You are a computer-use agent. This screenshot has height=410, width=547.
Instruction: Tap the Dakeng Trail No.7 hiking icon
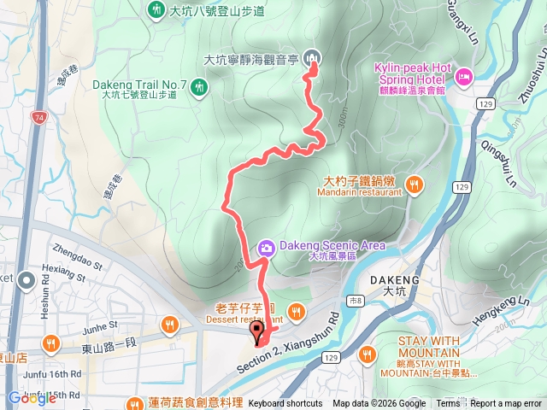pyautogui.click(x=199, y=86)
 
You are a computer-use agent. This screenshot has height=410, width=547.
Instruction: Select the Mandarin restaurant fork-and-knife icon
pyautogui.click(x=415, y=183)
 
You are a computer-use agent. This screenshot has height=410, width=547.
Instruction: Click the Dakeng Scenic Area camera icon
pyautogui.click(x=266, y=248)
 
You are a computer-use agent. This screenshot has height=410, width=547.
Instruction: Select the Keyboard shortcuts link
pyautogui.click(x=285, y=404)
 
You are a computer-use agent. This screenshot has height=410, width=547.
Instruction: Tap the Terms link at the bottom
pyautogui.click(x=448, y=404)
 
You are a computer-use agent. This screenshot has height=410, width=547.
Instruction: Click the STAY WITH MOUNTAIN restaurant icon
pyautogui.click(x=368, y=353)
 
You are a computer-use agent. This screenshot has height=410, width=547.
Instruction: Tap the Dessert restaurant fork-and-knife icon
pyautogui.click(x=297, y=311)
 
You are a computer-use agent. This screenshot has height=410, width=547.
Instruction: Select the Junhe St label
pyautogui.click(x=100, y=326)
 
